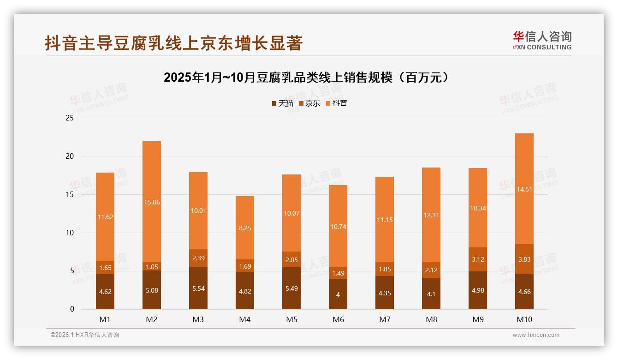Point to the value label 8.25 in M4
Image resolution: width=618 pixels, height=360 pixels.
[x=245, y=228]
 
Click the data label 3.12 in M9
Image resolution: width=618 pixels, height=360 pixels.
[x=478, y=259]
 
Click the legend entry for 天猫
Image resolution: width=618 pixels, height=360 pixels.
[x=282, y=103]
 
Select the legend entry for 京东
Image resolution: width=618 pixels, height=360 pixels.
[x=309, y=103]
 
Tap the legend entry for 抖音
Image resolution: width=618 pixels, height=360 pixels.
[x=337, y=103]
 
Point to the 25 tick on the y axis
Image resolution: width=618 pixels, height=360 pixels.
[x=70, y=118]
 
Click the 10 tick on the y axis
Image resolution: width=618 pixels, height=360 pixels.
[x=70, y=233]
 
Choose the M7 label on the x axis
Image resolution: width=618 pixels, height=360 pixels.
[x=385, y=319]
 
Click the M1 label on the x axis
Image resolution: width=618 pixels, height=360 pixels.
[x=105, y=319]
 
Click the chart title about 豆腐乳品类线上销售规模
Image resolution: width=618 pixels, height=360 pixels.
[x=306, y=77]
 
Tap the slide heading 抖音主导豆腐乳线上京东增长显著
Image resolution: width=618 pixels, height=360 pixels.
[x=173, y=43]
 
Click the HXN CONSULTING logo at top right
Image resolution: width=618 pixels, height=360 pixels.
[x=542, y=40]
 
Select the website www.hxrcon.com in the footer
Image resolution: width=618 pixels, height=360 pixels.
[x=536, y=335]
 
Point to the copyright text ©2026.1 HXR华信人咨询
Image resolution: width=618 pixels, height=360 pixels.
[x=85, y=335]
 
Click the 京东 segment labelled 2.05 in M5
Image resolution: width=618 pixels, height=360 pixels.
[x=291, y=259]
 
